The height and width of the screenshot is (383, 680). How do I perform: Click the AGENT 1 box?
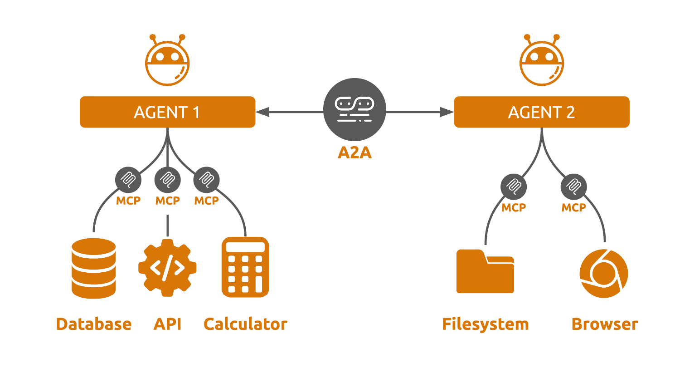click(167, 112)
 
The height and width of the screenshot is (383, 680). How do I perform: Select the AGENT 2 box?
click(541, 112)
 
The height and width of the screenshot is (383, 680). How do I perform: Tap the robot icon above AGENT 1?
click(167, 61)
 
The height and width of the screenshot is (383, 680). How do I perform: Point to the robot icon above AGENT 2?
click(541, 61)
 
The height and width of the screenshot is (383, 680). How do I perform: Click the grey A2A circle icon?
click(355, 109)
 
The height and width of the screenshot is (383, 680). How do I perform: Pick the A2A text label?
click(355, 152)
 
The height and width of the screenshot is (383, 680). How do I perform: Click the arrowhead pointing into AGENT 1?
click(262, 112)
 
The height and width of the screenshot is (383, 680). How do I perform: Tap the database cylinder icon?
click(94, 268)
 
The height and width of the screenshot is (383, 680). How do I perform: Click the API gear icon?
click(167, 268)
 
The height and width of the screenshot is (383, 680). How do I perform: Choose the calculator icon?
click(245, 267)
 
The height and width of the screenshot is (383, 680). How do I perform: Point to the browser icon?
click(604, 273)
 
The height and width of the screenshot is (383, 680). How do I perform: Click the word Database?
click(94, 324)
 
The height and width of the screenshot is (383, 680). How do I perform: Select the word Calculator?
click(245, 324)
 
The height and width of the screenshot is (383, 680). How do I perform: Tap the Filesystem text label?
click(485, 324)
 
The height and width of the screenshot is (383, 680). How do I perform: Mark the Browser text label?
click(605, 324)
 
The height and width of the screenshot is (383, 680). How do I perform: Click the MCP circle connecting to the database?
click(128, 180)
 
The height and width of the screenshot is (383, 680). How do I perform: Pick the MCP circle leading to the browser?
click(574, 187)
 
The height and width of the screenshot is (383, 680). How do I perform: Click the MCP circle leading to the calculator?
click(206, 180)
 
